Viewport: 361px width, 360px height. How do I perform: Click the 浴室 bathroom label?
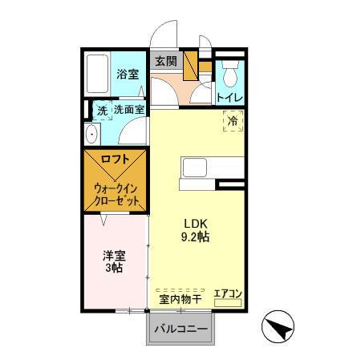point(128,74)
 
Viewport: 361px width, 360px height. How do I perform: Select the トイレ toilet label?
point(229,98)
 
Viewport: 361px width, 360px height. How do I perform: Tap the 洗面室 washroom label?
point(129,110)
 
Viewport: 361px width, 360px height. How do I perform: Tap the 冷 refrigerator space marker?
point(232,122)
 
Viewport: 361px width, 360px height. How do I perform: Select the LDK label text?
point(196,223)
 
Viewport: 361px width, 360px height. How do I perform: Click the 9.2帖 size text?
point(196,237)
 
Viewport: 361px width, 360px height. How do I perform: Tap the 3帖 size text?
point(112,269)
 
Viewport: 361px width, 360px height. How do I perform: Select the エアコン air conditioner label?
point(228,294)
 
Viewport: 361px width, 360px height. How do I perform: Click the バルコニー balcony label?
point(180,329)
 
